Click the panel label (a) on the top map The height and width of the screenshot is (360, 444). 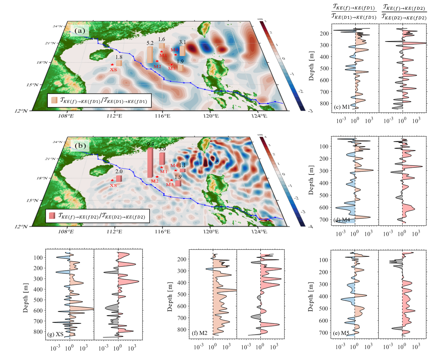pos(80,31)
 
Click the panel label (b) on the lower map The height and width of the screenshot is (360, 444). pos(80,146)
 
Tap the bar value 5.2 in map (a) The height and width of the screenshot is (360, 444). pos(150,43)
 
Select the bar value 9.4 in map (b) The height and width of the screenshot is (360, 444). pos(150,144)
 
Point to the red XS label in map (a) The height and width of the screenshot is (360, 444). pos(113,70)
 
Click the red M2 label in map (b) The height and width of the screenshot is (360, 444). pos(155,181)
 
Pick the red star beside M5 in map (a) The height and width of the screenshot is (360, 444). pos(172,65)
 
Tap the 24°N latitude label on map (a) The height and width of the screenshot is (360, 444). pos(58,26)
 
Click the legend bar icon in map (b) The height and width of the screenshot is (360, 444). pos(52,216)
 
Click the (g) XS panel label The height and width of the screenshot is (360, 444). pos(55,334)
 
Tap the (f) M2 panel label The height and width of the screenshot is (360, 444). pos(199,333)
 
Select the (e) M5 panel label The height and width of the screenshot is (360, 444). pos(341,333)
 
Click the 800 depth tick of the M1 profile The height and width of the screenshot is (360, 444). pos(324,104)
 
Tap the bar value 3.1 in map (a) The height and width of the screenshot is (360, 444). pos(182,42)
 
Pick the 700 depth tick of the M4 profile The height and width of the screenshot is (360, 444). pos(324,220)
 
